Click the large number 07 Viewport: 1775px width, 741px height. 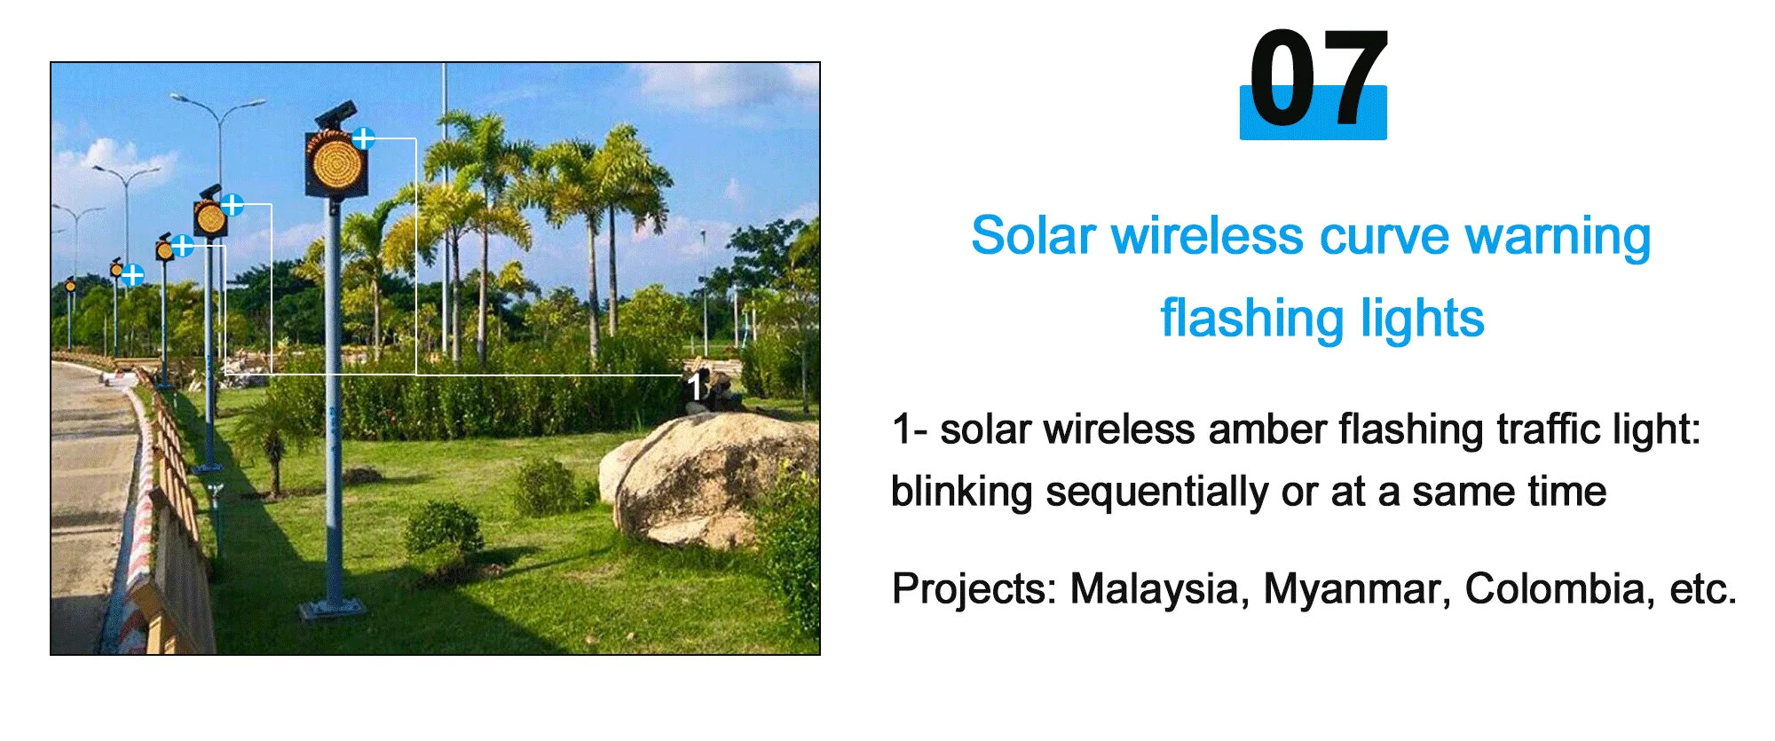(x=1316, y=80)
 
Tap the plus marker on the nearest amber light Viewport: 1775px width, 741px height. (x=364, y=138)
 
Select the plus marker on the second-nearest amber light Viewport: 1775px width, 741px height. (x=233, y=205)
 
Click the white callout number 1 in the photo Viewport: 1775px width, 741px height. (x=696, y=386)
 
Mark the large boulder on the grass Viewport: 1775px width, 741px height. (x=710, y=479)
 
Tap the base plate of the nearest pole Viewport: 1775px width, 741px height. (x=332, y=611)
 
